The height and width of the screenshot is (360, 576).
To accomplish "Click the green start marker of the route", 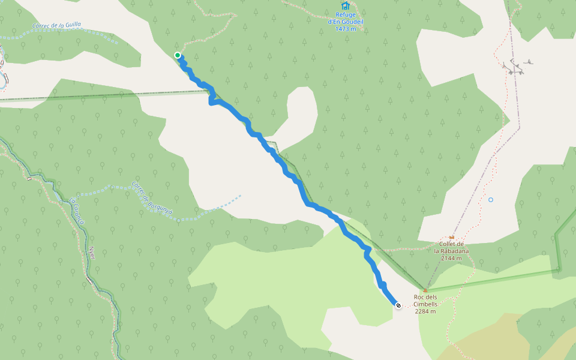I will [x=178, y=55].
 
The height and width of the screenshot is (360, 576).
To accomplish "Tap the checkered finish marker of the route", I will [x=398, y=305].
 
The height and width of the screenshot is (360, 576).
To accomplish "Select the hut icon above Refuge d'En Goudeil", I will [x=346, y=6].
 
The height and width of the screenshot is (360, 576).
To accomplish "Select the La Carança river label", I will [x=77, y=211].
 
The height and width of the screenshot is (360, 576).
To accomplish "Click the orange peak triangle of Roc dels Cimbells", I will [x=425, y=290].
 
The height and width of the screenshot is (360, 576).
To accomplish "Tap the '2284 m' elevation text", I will [x=425, y=311].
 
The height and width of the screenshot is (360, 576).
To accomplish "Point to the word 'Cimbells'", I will [x=425, y=304].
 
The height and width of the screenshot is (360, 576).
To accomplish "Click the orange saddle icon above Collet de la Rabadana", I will [x=452, y=237].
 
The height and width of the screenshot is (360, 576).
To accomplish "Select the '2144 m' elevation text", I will [x=452, y=259].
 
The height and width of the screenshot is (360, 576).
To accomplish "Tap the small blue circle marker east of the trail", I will [x=491, y=200].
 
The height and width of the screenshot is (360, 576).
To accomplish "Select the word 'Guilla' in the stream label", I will [x=70, y=25].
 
